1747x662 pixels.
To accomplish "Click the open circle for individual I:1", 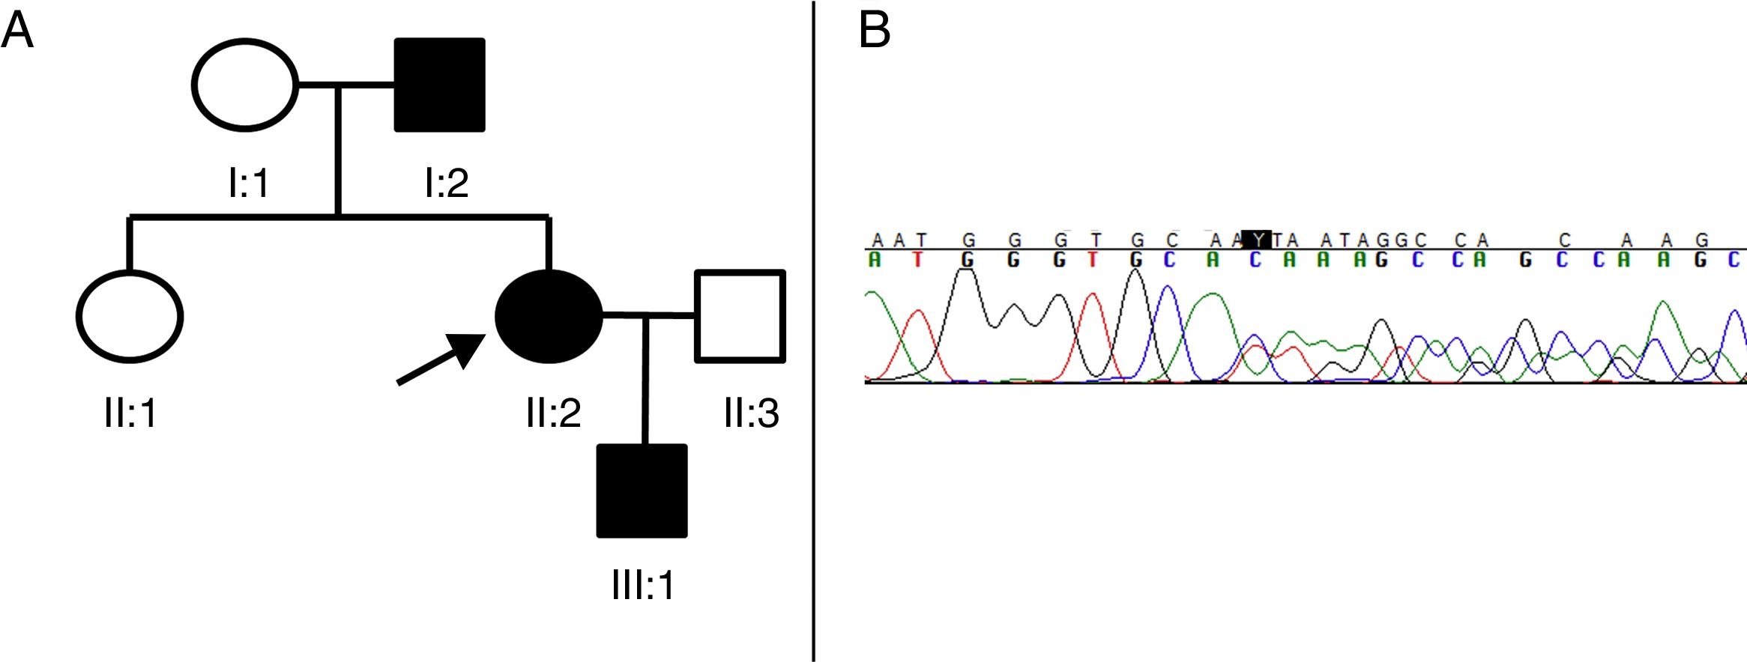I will pyautogui.click(x=246, y=85).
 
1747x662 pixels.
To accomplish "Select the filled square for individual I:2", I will pyautogui.click(x=440, y=85).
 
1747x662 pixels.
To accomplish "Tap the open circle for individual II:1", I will pyautogui.click(x=130, y=316).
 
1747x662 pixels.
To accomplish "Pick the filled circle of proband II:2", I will pyautogui.click(x=549, y=316).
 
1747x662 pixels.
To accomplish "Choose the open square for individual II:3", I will pyautogui.click(x=740, y=316).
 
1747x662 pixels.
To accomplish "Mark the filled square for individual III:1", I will pyautogui.click(x=642, y=491).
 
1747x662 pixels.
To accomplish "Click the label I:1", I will pyautogui.click(x=248, y=182).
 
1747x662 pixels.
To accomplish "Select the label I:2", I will pyautogui.click(x=447, y=182).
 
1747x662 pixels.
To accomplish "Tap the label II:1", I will pyautogui.click(x=130, y=413).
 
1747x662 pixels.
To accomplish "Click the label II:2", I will pyautogui.click(x=553, y=413).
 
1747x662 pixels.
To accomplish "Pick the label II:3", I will pyautogui.click(x=751, y=413).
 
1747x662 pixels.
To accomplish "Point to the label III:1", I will pyautogui.click(x=643, y=585).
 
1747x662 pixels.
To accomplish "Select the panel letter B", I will pyautogui.click(x=874, y=31).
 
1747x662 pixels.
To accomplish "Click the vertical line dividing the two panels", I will pyautogui.click(x=814, y=330).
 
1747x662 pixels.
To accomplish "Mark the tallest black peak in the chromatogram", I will pyautogui.click(x=1136, y=271).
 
